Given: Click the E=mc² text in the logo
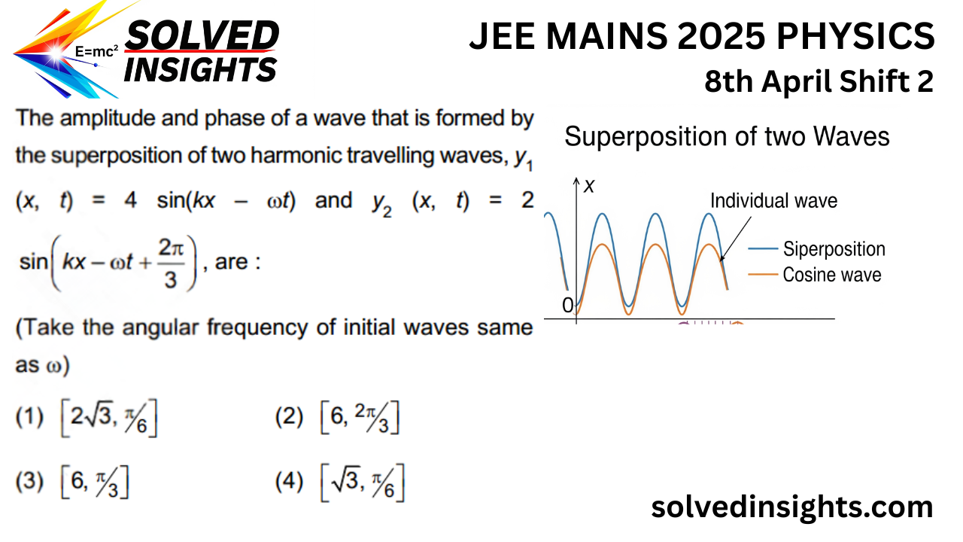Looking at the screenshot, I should (x=97, y=52).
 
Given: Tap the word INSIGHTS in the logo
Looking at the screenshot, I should (x=200, y=70).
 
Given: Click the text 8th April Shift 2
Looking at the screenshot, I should (x=819, y=81).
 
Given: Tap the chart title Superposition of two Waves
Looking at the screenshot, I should (x=727, y=137).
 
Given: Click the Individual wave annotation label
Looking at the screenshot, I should (x=773, y=201).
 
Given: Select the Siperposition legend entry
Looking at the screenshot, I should (x=834, y=249).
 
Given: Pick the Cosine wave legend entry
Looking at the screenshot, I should (x=831, y=275).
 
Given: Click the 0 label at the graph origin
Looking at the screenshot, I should (x=568, y=305).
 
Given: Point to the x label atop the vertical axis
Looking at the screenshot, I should (x=589, y=186).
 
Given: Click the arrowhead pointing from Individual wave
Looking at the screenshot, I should (x=721, y=260).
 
